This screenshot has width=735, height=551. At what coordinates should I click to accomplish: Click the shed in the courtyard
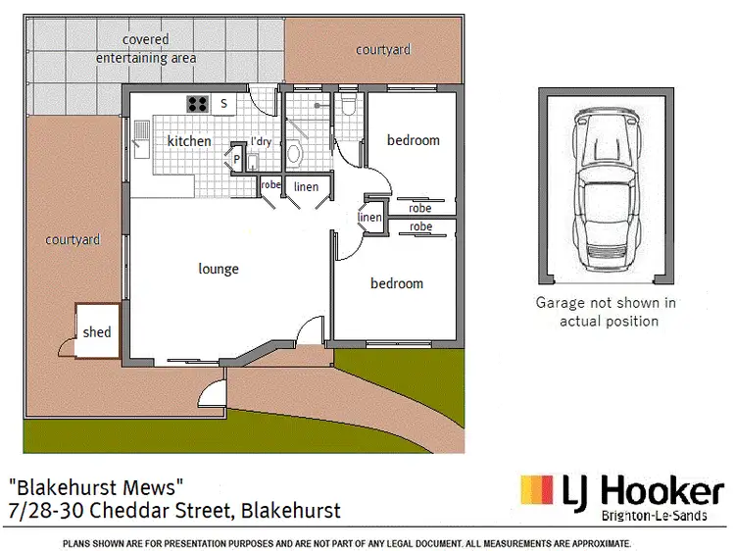[x=96, y=331]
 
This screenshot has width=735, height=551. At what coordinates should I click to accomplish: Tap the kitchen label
[x=189, y=141]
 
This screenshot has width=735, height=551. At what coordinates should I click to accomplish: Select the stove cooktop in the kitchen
[x=197, y=102]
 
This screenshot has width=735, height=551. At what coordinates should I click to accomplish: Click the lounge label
[x=219, y=269]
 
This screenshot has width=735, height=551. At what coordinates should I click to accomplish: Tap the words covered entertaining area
[x=146, y=49]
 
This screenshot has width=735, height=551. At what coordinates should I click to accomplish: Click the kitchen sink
[x=142, y=138]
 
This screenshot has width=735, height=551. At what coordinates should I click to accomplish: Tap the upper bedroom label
[x=414, y=140]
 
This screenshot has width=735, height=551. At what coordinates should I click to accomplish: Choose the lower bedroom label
[x=397, y=283]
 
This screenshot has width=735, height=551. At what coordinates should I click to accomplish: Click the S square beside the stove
[x=223, y=103]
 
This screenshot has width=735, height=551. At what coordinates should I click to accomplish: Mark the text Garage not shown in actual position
[x=605, y=312]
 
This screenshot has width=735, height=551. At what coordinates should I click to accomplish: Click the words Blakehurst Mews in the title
[x=96, y=486]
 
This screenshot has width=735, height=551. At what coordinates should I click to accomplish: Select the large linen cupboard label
[x=306, y=186]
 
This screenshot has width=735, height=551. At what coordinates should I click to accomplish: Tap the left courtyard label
[x=73, y=239]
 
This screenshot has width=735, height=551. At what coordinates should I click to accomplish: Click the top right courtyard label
[x=383, y=49]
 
